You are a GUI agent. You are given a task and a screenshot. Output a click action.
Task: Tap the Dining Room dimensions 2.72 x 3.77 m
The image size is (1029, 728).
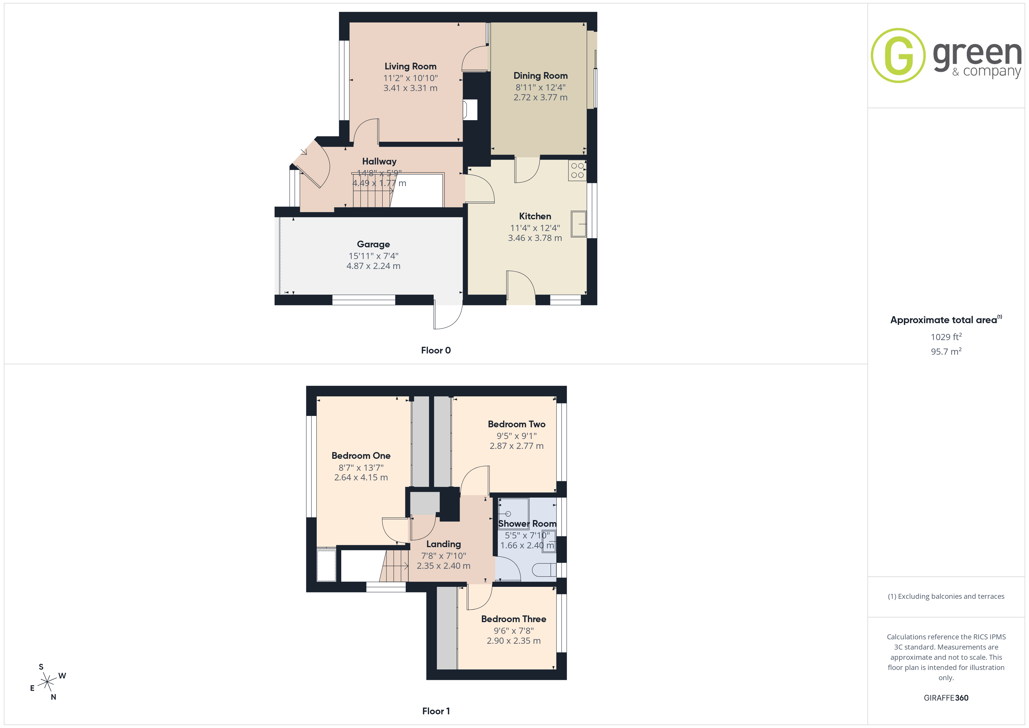540,97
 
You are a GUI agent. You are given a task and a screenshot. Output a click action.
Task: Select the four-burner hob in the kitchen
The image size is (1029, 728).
577,170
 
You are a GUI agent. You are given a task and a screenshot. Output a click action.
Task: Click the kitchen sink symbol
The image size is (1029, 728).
579,224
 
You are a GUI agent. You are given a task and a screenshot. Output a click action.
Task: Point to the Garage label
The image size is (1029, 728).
373,244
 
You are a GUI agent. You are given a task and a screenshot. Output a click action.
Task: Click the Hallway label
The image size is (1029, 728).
379,161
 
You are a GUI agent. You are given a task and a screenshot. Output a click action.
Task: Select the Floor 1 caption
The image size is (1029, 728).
436,711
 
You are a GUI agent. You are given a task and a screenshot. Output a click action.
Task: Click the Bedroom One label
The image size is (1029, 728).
361,456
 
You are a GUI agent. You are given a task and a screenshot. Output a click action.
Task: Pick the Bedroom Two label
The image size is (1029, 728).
516,424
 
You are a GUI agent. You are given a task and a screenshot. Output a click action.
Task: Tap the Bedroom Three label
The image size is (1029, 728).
514,619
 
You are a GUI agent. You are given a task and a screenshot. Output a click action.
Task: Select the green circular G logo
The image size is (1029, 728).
898,56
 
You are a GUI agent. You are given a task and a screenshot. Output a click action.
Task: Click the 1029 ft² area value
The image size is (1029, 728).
946,337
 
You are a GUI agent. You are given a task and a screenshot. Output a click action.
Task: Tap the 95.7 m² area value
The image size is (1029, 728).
946,351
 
